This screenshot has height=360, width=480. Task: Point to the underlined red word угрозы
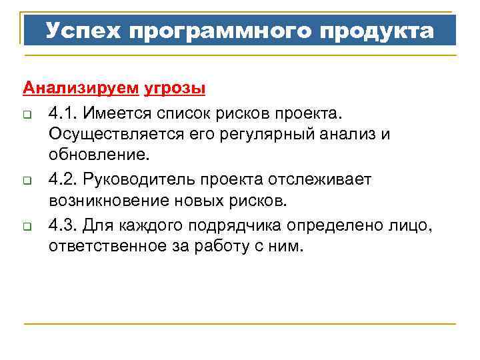(x=175, y=88)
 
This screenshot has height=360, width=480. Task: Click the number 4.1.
(x=61, y=111)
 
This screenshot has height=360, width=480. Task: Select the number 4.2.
(x=61, y=179)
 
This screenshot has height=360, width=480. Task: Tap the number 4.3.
(x=61, y=225)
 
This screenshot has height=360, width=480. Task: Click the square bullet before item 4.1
(x=27, y=112)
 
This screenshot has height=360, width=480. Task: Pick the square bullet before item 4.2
(x=27, y=181)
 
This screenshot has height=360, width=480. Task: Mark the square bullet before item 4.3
(x=27, y=226)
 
